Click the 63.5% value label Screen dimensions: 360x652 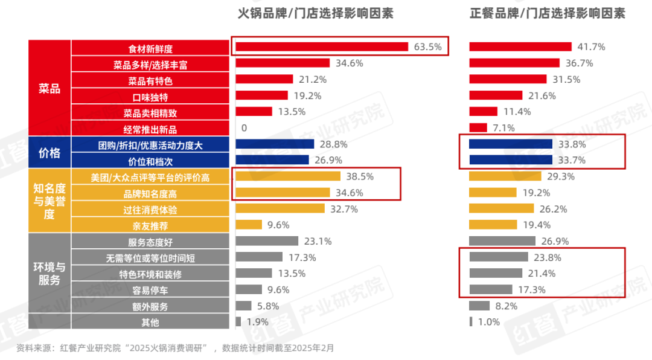427,47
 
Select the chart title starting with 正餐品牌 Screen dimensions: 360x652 548,13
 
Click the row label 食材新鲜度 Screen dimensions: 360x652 150,48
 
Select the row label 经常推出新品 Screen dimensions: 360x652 150,129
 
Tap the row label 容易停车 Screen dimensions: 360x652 150,290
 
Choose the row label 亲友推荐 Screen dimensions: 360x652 150,225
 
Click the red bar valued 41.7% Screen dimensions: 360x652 520,47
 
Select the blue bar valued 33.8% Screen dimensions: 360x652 511,144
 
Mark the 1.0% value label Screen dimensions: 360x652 489,322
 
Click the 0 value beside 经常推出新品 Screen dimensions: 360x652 244,127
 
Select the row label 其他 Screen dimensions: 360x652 150,322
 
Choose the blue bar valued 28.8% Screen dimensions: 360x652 275,144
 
